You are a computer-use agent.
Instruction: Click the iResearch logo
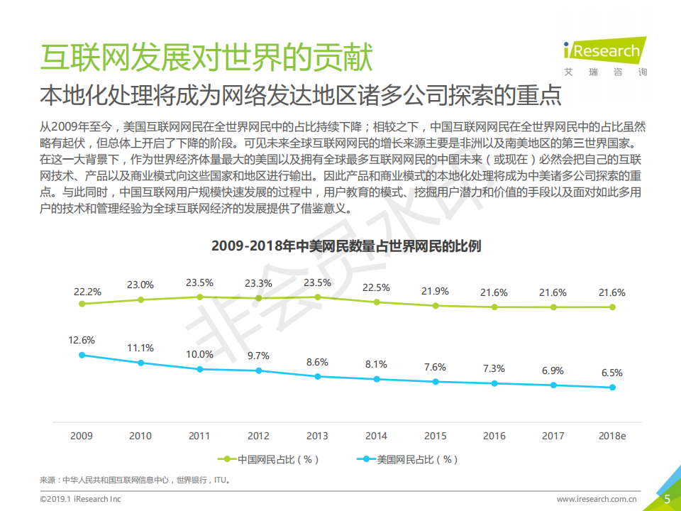point(602,55)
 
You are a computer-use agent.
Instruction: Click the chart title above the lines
point(346,246)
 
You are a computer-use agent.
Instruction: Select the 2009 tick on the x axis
point(82,436)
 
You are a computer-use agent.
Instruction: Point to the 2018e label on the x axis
point(612,436)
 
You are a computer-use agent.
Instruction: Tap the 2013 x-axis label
point(317,436)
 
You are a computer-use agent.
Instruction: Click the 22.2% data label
point(87,292)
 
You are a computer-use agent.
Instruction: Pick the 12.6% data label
point(82,340)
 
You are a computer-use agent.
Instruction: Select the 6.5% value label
point(611,373)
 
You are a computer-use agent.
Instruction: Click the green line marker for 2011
point(199,297)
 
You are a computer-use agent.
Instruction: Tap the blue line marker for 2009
point(82,355)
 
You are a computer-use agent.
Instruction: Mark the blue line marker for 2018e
point(612,388)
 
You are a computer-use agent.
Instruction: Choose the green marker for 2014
point(377,302)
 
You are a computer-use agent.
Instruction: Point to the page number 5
point(667,499)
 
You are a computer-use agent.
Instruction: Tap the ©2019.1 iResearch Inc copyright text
point(80,500)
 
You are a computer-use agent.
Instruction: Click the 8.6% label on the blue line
point(317,362)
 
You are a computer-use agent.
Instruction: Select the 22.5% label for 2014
point(376,287)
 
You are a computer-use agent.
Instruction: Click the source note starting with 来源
point(135,480)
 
